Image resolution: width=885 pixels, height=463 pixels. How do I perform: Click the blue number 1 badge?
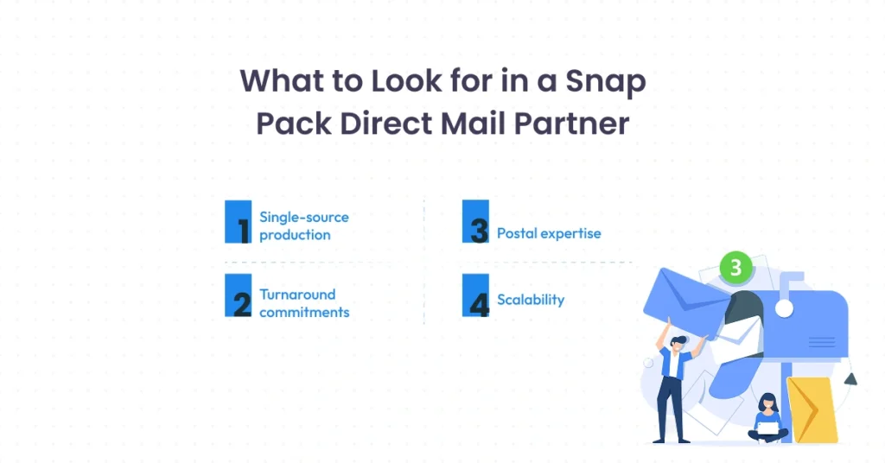point(238,222)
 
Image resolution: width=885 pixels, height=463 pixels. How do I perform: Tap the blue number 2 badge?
point(238,295)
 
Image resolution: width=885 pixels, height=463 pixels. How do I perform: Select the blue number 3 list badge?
point(475,222)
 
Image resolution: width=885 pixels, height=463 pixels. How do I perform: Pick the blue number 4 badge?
point(475,295)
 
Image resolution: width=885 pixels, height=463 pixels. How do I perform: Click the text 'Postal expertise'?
point(549,233)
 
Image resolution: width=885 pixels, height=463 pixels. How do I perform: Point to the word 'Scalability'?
point(531,300)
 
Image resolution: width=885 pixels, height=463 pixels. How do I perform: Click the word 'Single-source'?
point(304,217)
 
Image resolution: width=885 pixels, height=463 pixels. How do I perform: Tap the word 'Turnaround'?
point(297,294)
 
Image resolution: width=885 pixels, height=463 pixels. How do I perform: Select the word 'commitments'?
point(304,312)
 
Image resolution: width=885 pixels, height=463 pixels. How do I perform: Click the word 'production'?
point(295,235)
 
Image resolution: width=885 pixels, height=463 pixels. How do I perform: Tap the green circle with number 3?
point(735,268)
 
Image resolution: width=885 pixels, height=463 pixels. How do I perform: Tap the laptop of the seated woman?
point(767,428)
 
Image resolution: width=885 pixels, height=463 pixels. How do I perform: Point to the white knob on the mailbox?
point(784,308)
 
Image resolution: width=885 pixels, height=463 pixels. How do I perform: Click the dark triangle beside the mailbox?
point(851,377)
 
